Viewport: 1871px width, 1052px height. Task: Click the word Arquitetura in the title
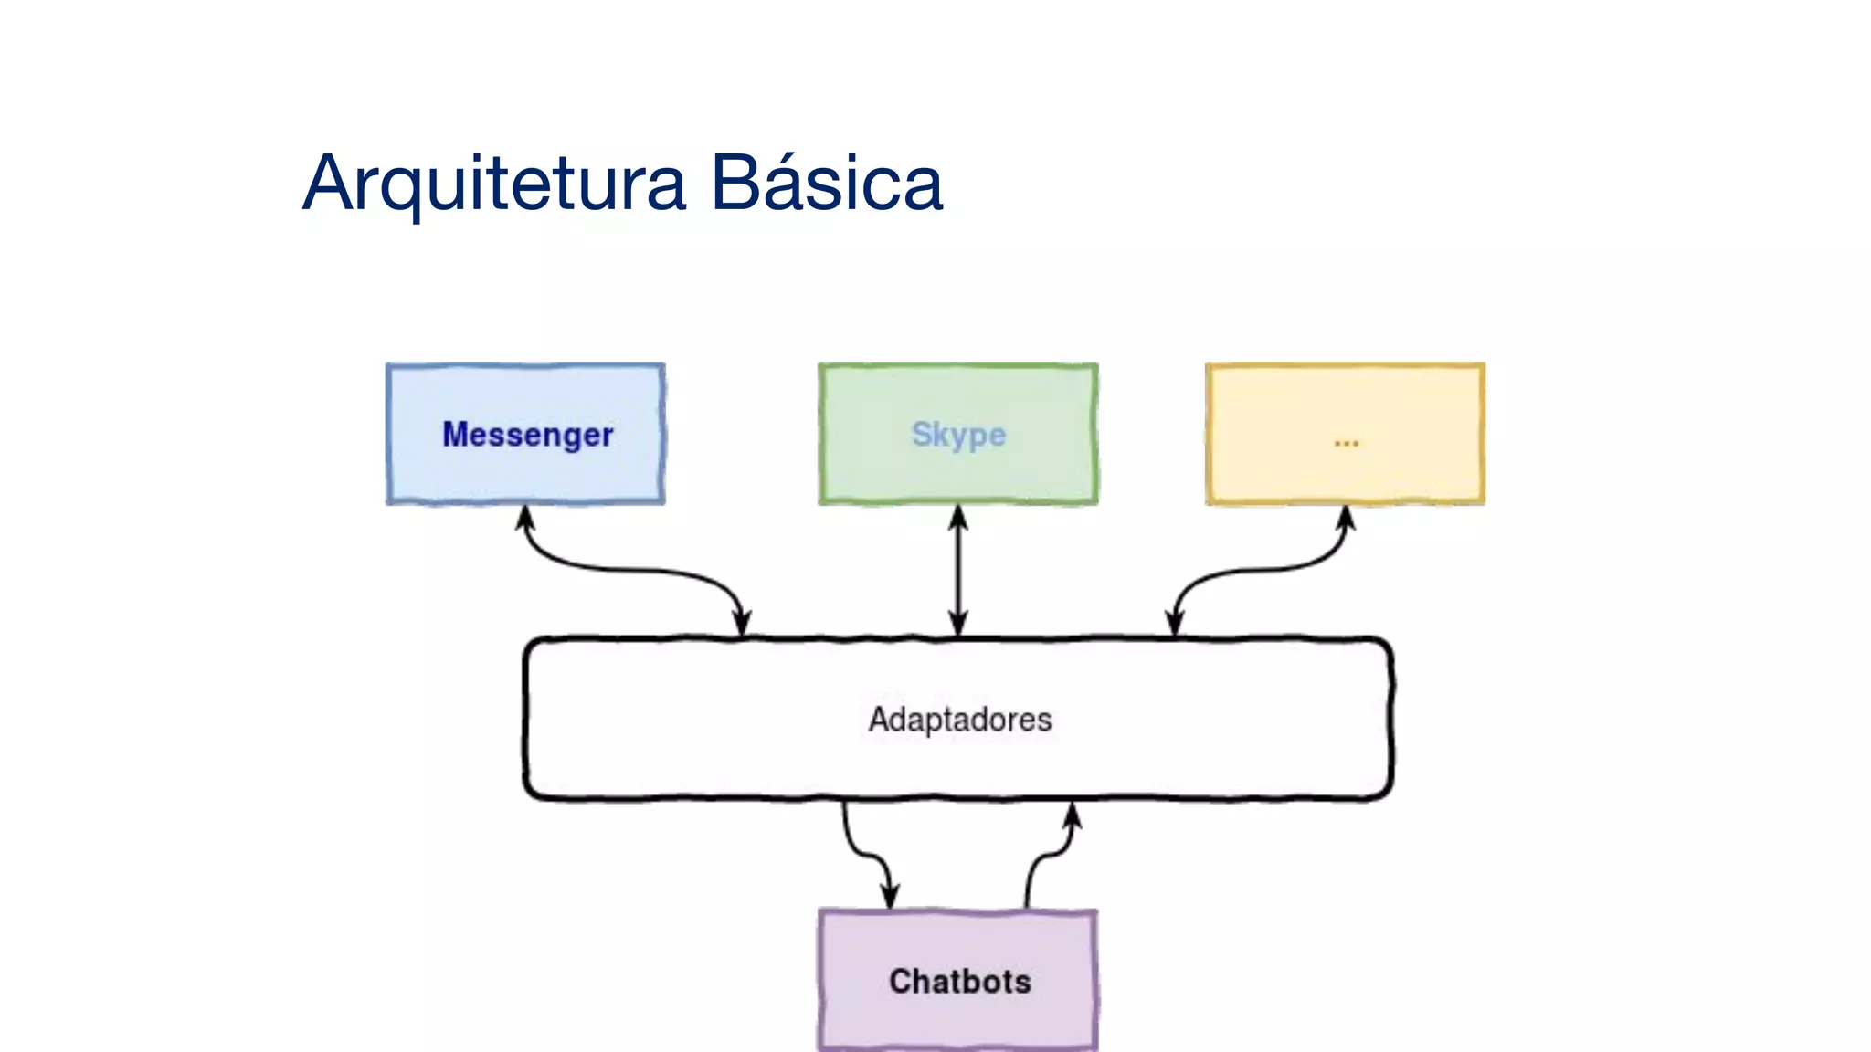493,184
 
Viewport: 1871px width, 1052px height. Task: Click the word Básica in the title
826,183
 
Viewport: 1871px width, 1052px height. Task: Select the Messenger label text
527,435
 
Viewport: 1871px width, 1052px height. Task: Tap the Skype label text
958,434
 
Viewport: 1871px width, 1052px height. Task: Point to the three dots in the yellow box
1346,444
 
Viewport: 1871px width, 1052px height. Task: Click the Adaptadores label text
959,720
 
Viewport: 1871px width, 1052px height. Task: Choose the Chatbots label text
959,982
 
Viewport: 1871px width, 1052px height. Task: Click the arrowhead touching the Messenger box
525,518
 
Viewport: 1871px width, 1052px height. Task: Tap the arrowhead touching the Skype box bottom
958,518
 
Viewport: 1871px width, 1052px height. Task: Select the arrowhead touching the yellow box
1346,518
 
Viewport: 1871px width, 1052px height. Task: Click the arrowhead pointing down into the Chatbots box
890,896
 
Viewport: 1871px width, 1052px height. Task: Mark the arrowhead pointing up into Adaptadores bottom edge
1073,815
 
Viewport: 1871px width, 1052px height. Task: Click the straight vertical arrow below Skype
958,571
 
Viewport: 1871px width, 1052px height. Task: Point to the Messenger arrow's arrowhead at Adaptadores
743,624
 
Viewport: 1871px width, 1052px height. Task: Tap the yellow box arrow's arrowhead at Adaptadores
1175,624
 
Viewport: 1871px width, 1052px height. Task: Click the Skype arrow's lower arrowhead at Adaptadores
958,624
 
